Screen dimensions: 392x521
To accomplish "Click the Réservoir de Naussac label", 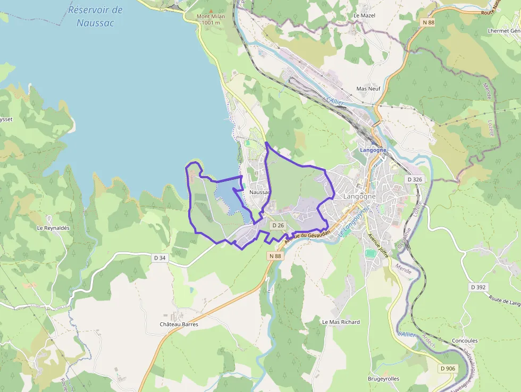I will (95, 16).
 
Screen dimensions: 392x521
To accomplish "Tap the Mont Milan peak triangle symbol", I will (212, 11).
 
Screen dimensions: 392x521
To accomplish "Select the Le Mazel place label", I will (364, 15).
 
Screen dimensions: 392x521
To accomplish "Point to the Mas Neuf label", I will (368, 89).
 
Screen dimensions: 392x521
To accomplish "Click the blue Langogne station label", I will (373, 150).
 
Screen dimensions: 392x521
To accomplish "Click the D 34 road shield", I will (159, 258).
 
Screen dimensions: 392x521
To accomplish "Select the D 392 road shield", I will (478, 287).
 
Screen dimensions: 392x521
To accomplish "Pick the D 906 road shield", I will (448, 369).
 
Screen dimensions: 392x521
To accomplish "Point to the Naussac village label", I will (259, 192).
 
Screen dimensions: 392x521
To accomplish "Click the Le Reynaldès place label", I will (53, 228).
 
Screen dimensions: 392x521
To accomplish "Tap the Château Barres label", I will (179, 324).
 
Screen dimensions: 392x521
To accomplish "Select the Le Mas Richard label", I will (341, 322).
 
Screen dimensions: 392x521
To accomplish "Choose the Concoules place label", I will (464, 340).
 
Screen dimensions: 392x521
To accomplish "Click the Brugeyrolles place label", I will (383, 379).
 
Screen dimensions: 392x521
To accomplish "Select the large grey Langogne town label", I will (359, 196).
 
